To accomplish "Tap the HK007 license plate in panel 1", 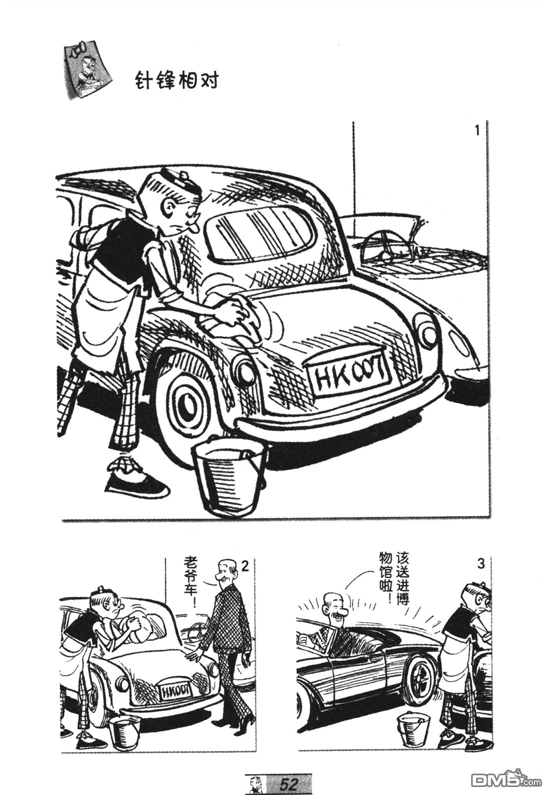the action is (x=348, y=374).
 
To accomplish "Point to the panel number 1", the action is (x=477, y=131).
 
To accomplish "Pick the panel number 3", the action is (x=480, y=564).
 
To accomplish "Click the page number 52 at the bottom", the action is (x=289, y=783).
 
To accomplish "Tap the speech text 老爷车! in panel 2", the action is (x=193, y=582).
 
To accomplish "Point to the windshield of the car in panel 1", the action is (x=260, y=233).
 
